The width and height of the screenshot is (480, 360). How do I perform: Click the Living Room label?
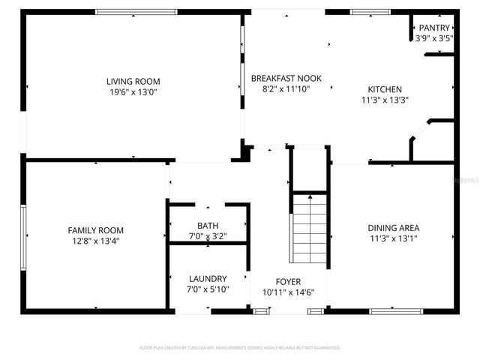click(133, 82)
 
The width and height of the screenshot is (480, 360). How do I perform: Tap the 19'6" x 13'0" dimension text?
click(133, 92)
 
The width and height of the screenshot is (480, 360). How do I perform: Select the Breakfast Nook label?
click(280, 78)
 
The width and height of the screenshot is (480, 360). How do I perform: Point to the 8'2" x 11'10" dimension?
click(280, 88)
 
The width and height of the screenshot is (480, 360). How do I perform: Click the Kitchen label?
click(385, 88)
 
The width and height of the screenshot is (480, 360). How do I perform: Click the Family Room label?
click(95, 230)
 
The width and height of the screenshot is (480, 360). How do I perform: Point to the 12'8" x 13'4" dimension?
click(95, 241)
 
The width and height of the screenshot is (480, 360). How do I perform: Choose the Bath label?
click(208, 226)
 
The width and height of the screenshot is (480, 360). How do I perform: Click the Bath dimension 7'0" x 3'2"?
click(208, 236)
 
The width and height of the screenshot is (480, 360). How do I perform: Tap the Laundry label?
click(208, 279)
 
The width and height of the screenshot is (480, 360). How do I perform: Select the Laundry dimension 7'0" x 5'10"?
click(208, 289)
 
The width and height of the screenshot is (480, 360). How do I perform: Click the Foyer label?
click(288, 282)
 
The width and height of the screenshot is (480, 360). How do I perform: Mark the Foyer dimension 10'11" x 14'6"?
click(288, 292)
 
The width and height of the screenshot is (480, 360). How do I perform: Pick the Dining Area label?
click(393, 228)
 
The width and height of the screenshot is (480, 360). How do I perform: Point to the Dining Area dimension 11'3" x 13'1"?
click(393, 238)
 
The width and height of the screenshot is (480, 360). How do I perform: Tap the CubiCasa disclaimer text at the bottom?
click(240, 348)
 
